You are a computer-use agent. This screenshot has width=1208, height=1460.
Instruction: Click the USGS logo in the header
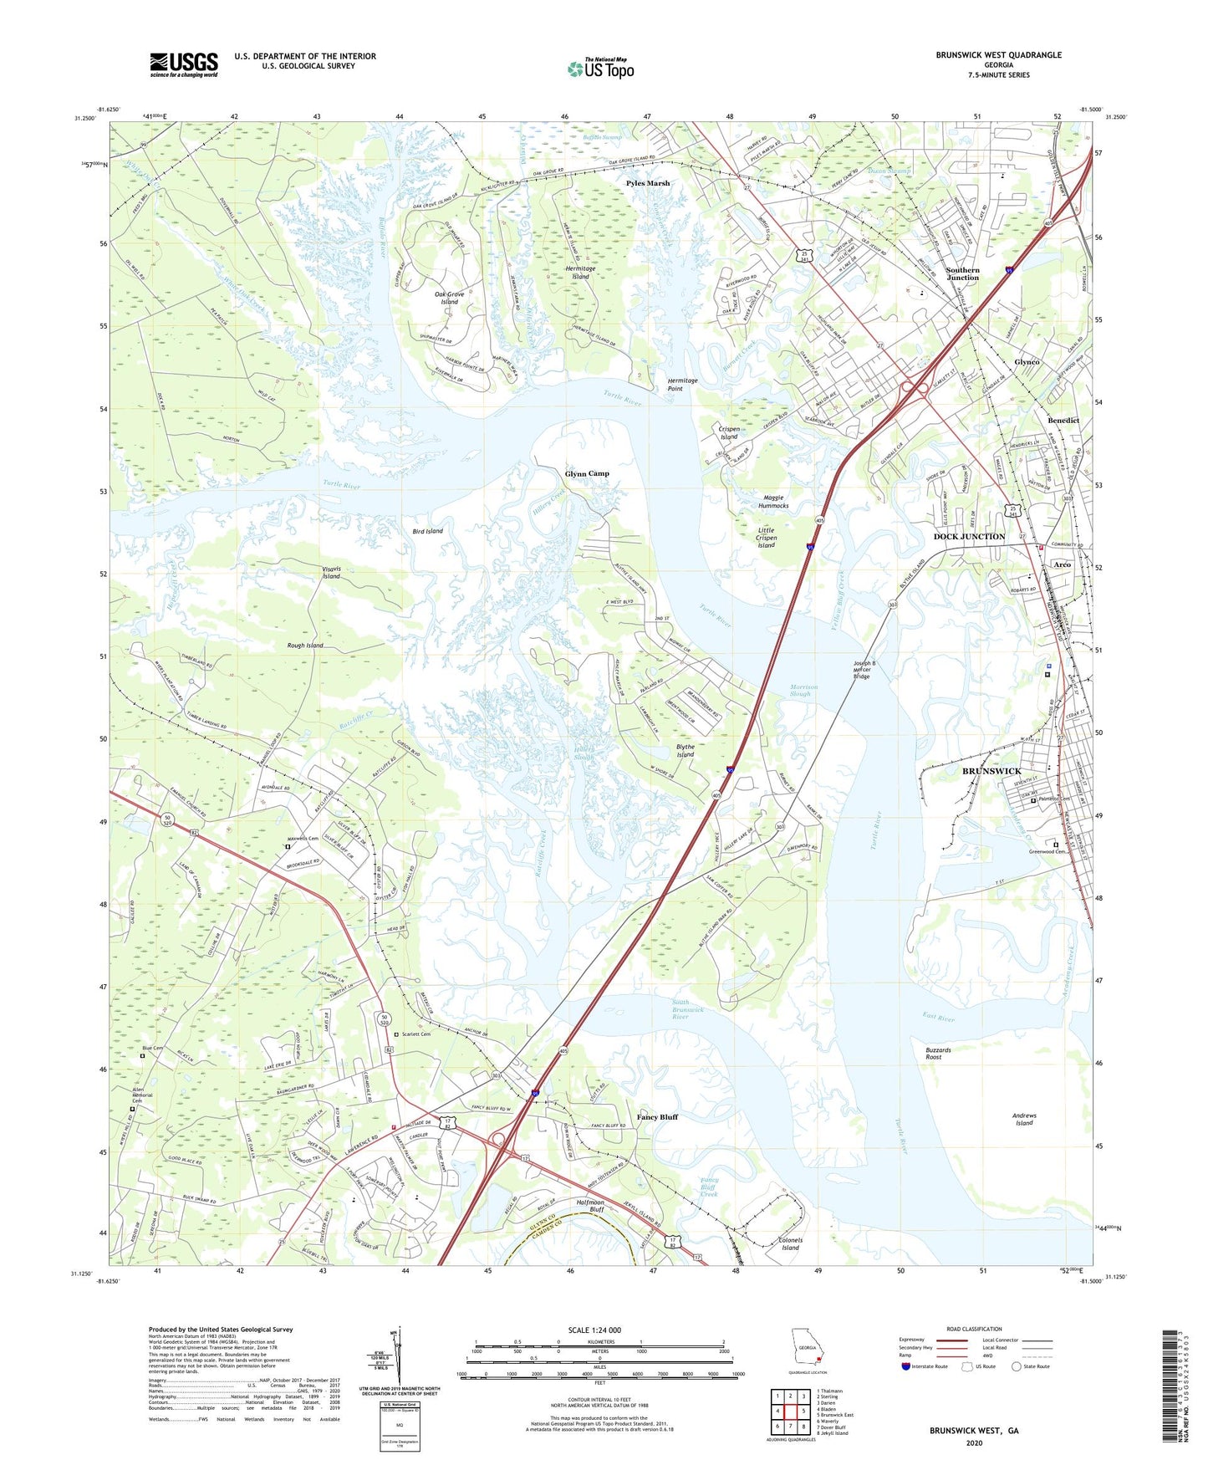tap(183, 64)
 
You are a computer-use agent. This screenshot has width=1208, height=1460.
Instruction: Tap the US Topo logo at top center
tap(600, 69)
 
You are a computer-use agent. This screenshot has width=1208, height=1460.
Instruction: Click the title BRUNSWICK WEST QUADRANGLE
tap(998, 55)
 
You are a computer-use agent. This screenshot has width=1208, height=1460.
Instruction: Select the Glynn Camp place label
tap(587, 473)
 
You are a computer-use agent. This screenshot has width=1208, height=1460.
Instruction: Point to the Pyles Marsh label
tap(648, 183)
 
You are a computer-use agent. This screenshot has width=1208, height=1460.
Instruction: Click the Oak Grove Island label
tap(449, 298)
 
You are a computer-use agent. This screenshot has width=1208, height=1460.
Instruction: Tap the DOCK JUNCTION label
tap(969, 537)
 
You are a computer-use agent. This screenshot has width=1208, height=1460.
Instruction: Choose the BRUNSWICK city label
tap(991, 771)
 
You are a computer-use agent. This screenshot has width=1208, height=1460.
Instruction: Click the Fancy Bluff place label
tap(657, 1117)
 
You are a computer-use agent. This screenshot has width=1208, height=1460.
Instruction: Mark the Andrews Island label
tap(1023, 1119)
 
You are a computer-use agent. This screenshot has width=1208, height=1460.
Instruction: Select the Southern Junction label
tap(962, 273)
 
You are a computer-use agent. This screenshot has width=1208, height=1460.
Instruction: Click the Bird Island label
tap(427, 531)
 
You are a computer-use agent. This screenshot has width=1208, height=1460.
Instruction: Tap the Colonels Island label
tap(790, 1244)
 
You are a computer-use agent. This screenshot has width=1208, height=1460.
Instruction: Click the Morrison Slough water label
tap(803, 690)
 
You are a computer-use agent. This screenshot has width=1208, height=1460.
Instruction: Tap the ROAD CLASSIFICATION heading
tap(973, 1329)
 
